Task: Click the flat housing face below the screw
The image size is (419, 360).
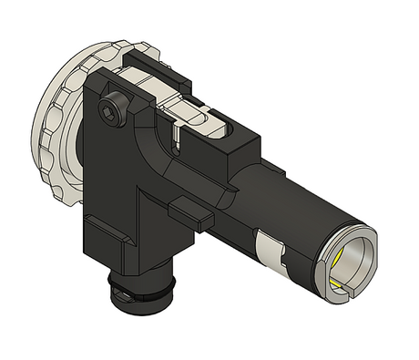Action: [114, 173]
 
